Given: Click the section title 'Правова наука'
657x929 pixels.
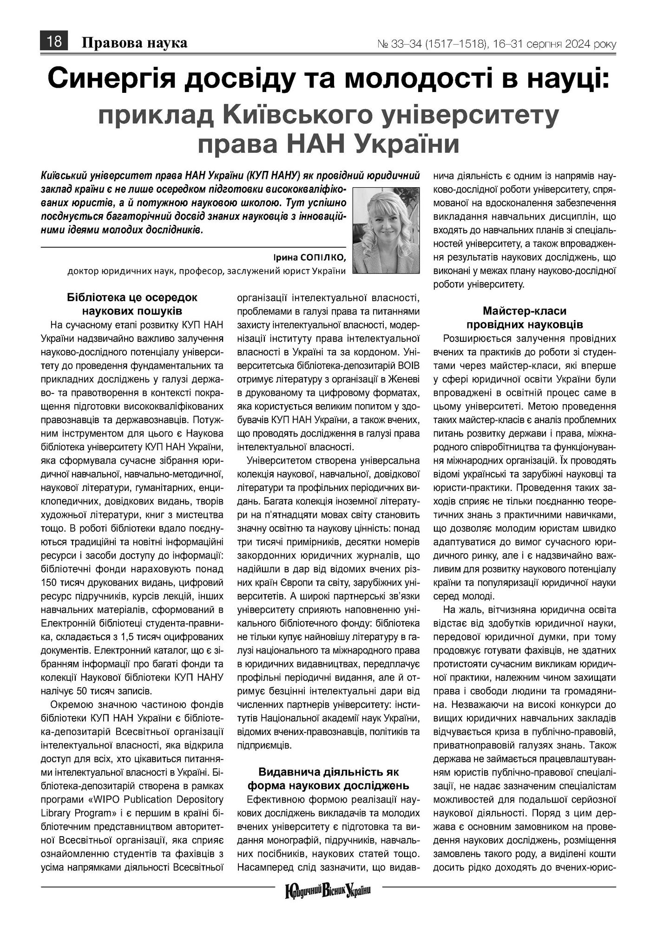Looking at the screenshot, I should [x=134, y=43].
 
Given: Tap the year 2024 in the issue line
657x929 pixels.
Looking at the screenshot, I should [x=578, y=45].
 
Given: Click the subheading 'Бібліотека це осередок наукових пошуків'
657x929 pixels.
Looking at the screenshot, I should [x=132, y=304].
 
